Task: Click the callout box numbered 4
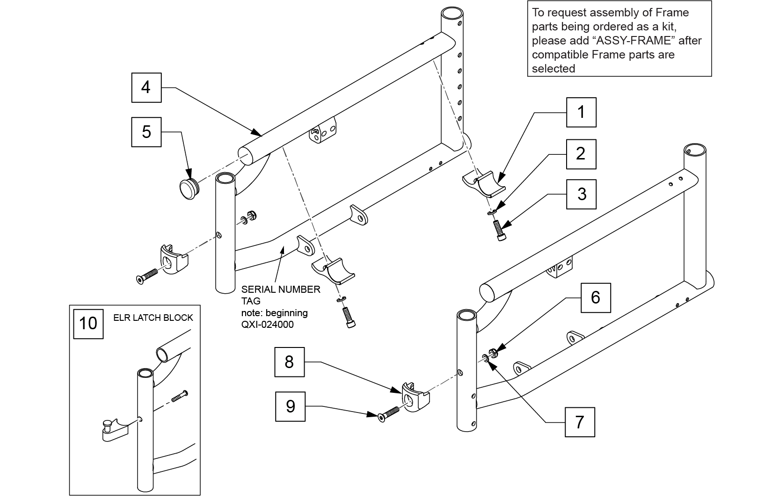[146, 87]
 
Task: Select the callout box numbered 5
[146, 132]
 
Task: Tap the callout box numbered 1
[581, 112]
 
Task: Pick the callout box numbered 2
[581, 154]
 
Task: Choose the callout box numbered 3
[582, 194]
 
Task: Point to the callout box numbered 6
[595, 297]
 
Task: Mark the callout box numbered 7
[580, 422]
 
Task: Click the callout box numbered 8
[289, 362]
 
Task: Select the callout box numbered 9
[290, 406]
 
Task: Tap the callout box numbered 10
[88, 323]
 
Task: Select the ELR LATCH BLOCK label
[153, 318]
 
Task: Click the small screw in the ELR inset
[179, 397]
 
